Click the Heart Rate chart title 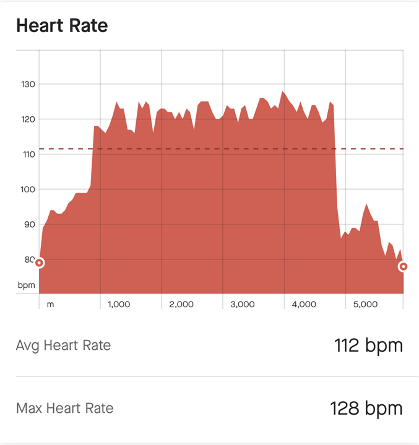(x=62, y=26)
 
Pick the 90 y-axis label (x=27, y=224)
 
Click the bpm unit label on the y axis (x=27, y=286)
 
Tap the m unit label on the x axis (x=50, y=304)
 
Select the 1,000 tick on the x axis (x=119, y=304)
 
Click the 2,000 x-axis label (x=181, y=304)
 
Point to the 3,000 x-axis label (x=242, y=304)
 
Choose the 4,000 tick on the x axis (x=304, y=304)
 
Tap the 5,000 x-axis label (x=365, y=304)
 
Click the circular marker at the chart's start (x=39, y=263)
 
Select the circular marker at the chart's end (x=404, y=266)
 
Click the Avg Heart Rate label (x=63, y=345)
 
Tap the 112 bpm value (x=368, y=345)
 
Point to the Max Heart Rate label (x=64, y=408)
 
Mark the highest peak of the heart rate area (x=282, y=92)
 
